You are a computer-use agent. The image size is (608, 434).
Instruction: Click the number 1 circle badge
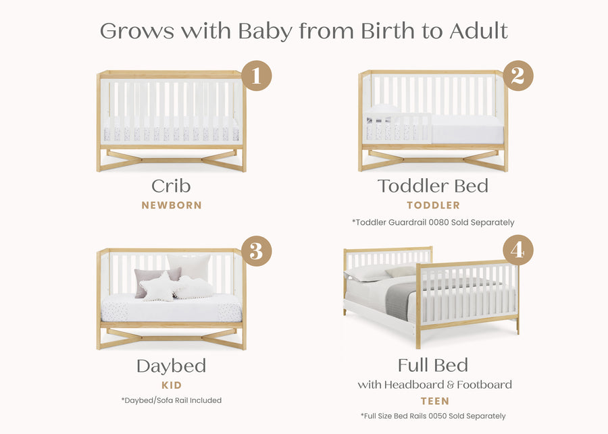(256, 76)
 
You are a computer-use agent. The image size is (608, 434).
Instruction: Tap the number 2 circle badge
(517, 76)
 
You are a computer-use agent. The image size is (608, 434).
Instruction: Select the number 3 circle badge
(256, 251)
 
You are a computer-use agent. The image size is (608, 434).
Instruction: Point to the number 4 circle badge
(517, 251)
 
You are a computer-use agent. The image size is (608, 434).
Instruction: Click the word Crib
(171, 186)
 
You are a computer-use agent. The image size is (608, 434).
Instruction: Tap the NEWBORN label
(172, 205)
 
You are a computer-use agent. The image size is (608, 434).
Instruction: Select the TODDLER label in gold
(433, 205)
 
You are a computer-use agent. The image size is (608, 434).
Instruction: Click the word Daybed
(171, 367)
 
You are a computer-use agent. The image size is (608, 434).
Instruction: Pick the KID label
(172, 385)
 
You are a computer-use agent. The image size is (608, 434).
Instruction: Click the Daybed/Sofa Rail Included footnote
(172, 400)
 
